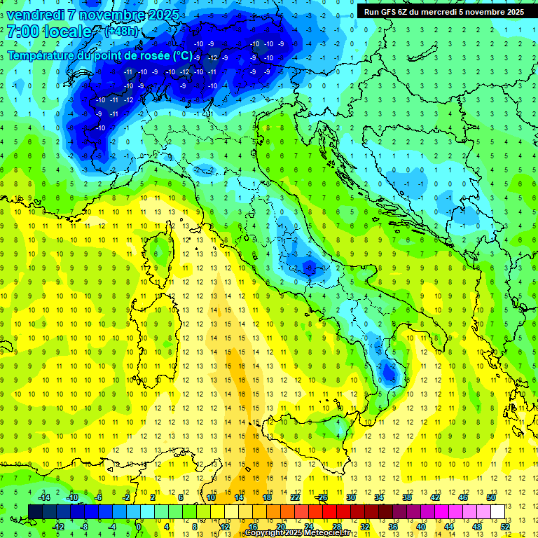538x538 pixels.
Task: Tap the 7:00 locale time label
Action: pos(49,32)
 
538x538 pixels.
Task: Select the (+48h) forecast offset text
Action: pos(120,32)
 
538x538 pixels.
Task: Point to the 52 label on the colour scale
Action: pos(505,526)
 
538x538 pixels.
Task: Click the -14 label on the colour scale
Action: pos(44,497)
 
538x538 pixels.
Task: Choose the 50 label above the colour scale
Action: pos(491,497)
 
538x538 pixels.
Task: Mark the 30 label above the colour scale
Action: pos(350,497)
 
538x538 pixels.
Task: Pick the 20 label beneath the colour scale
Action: pos(280,526)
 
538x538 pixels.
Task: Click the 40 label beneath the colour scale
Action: pos(421,526)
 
